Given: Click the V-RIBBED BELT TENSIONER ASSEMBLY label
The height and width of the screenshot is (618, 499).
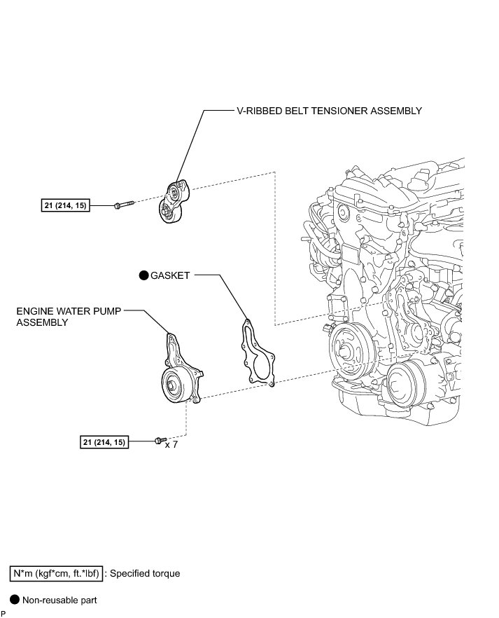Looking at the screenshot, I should pos(329,111).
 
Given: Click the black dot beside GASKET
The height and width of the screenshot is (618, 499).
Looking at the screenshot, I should pos(143,276).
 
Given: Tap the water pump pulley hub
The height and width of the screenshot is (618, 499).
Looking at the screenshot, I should pos(170,383).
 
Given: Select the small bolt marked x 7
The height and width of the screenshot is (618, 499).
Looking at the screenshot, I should pos(158,441).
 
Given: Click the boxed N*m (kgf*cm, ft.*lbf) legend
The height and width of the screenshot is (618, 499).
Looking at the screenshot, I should pos(57,573).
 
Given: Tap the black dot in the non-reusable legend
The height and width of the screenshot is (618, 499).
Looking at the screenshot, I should pos(13,600).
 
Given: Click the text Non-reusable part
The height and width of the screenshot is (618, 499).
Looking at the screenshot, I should pos(59,600).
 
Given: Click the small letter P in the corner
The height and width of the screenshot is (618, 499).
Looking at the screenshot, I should pos(3,613).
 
